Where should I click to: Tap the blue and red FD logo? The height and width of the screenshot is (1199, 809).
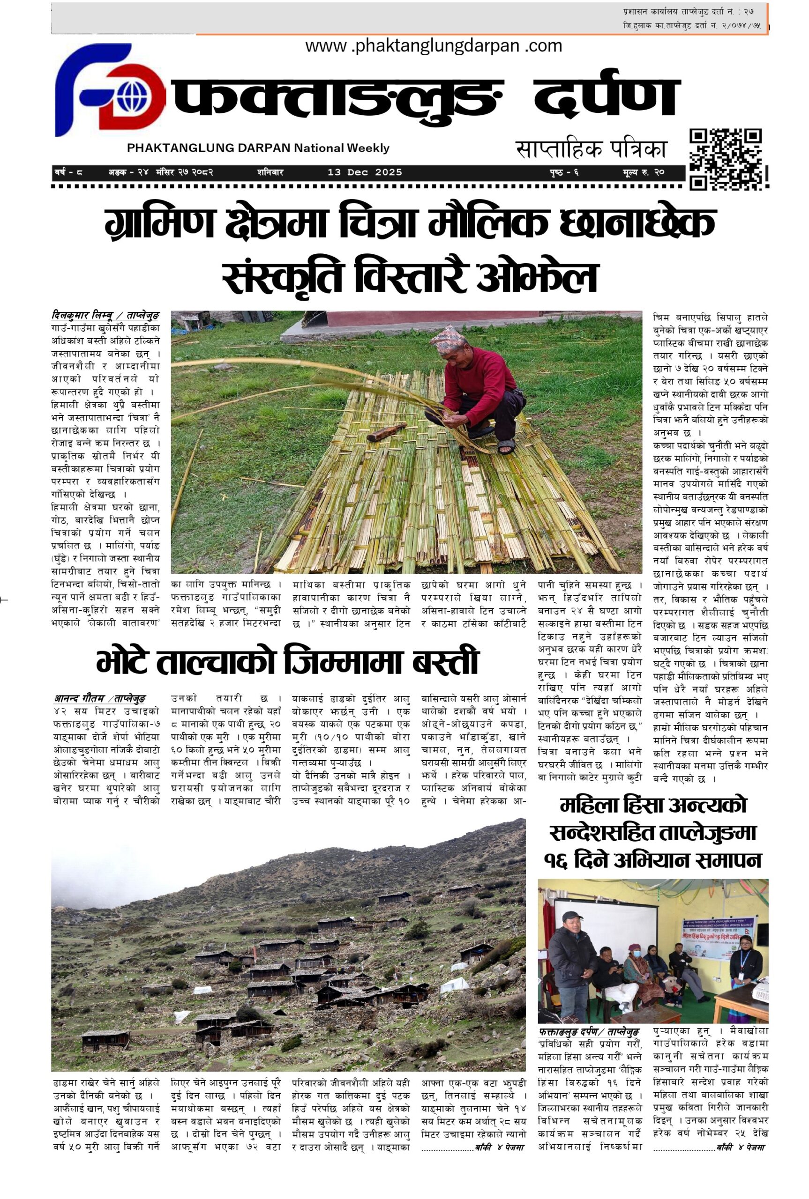[109, 90]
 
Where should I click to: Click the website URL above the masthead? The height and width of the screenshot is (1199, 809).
[434, 46]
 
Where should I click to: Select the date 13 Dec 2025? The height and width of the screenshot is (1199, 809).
[365, 172]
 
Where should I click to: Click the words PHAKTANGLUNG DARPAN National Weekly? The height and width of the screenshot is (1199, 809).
[258, 148]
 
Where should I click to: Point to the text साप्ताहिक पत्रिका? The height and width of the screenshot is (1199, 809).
[591, 149]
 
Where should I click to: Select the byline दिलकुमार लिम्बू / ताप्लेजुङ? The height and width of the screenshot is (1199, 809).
[106, 314]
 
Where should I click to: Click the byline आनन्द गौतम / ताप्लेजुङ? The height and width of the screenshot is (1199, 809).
[99, 698]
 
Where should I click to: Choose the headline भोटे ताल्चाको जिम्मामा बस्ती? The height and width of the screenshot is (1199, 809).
[288, 663]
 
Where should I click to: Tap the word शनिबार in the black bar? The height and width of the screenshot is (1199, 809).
[270, 172]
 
